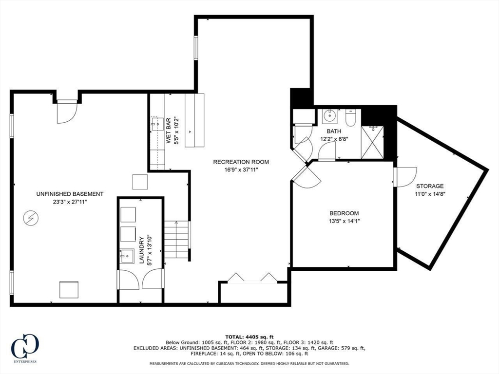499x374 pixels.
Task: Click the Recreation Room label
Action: pyautogui.click(x=241, y=162)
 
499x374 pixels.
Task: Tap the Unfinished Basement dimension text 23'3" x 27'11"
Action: pyautogui.click(x=70, y=202)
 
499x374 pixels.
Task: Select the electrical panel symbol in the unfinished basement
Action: pyautogui.click(x=31, y=218)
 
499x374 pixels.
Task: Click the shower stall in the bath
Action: pyautogui.click(x=372, y=142)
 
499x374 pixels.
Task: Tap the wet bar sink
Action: pyautogui.click(x=157, y=124)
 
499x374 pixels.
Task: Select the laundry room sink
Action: pyautogui.click(x=128, y=256)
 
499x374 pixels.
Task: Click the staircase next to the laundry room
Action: pyautogui.click(x=176, y=239)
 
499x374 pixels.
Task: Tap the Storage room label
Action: pyautogui.click(x=430, y=186)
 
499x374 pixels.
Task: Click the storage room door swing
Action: pyautogui.click(x=405, y=177)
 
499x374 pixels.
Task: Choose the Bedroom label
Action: pyautogui.click(x=344, y=213)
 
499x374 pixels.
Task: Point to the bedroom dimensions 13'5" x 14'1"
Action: pyautogui.click(x=344, y=221)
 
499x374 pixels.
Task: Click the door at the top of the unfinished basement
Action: pyautogui.click(x=67, y=112)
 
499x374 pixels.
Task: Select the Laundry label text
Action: pyautogui.click(x=142, y=250)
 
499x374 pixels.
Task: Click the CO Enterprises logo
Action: pyautogui.click(x=25, y=348)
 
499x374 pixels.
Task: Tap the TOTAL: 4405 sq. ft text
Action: pyautogui.click(x=249, y=337)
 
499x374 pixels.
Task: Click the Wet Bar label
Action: pyautogui.click(x=169, y=131)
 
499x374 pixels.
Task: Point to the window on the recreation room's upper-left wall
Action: pyautogui.click(x=196, y=47)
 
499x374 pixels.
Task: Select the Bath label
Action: pyautogui.click(x=334, y=131)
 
